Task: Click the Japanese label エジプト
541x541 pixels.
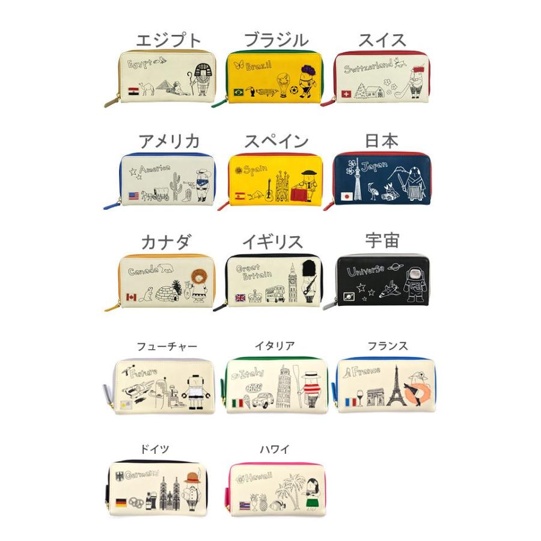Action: [x=168, y=40]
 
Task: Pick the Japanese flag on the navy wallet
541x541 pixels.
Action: [x=346, y=197]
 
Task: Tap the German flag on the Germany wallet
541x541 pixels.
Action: [x=121, y=501]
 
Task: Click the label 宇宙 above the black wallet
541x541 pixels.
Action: [x=382, y=240]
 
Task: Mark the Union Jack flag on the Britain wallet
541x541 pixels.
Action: [x=240, y=297]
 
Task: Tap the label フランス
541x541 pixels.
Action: [x=388, y=346]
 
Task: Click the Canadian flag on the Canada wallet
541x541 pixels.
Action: [x=132, y=297]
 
